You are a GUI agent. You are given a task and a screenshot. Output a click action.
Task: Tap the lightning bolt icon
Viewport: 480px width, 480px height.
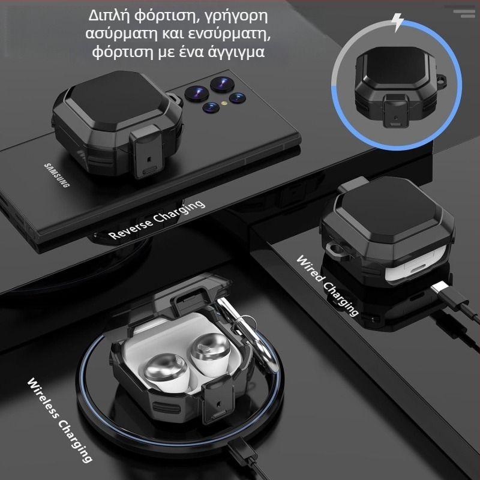point(397,22)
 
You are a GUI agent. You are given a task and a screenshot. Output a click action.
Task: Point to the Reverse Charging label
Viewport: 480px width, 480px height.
point(157,219)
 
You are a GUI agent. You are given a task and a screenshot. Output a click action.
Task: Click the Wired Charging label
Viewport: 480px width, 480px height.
point(328,284)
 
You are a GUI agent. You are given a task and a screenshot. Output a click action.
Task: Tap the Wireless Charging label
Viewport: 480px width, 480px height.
point(60,420)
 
